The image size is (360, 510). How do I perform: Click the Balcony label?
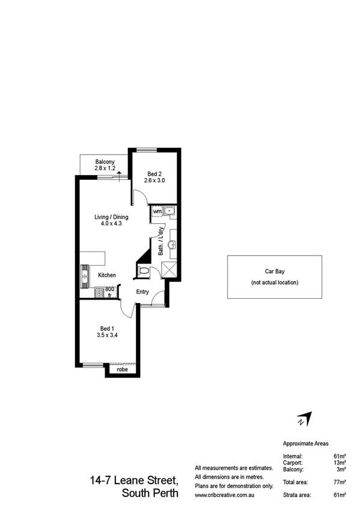[x=105, y=162]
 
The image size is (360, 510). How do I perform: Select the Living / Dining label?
[x=107, y=218]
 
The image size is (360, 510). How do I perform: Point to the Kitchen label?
[x=107, y=275]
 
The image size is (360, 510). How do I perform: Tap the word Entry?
[x=142, y=292]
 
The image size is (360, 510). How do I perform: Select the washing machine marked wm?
[x=157, y=212]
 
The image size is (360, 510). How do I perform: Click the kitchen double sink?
[x=84, y=277]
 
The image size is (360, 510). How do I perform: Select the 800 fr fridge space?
[x=110, y=292]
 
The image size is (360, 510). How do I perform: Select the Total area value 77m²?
[x=340, y=482]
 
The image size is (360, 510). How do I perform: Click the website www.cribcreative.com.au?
[x=226, y=495]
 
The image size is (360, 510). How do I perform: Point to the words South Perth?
[x=150, y=494]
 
